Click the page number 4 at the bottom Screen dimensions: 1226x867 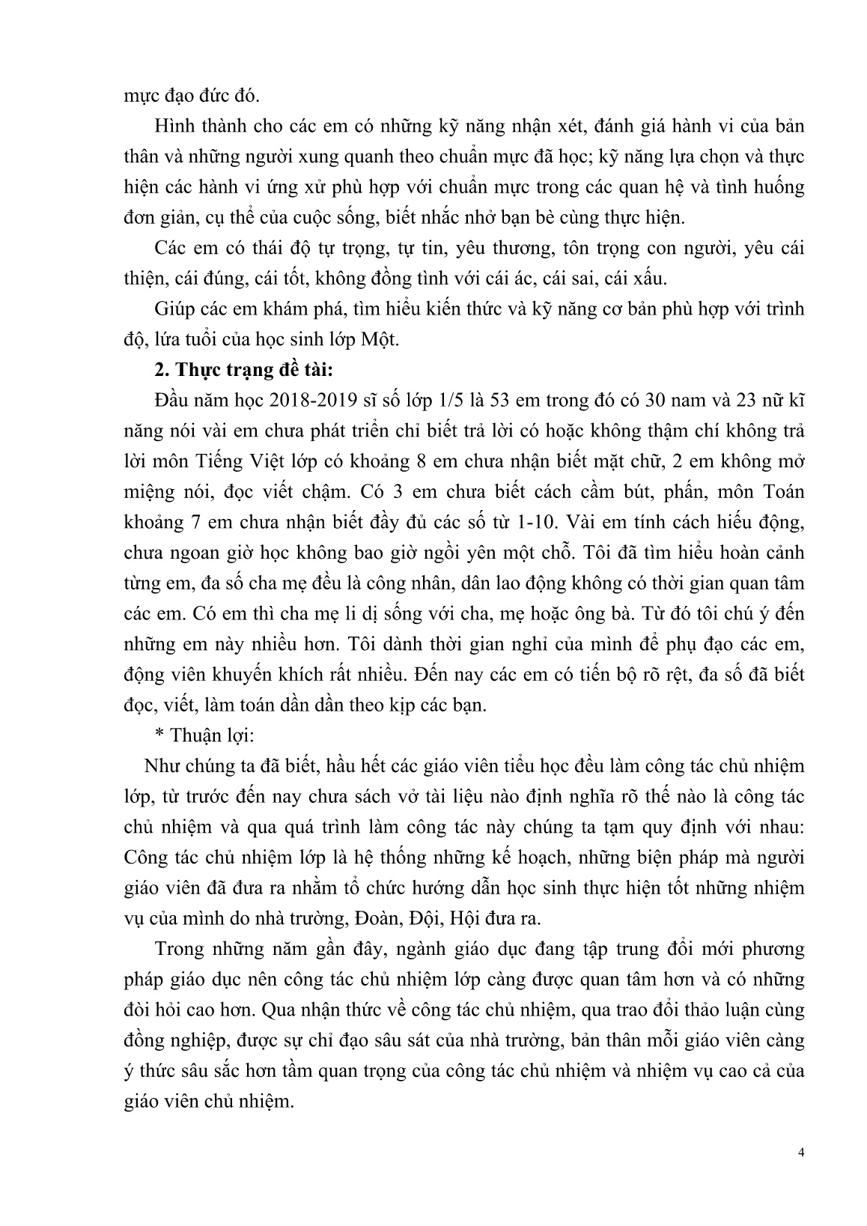[x=801, y=1174]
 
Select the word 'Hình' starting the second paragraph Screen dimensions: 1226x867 [x=173, y=124]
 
